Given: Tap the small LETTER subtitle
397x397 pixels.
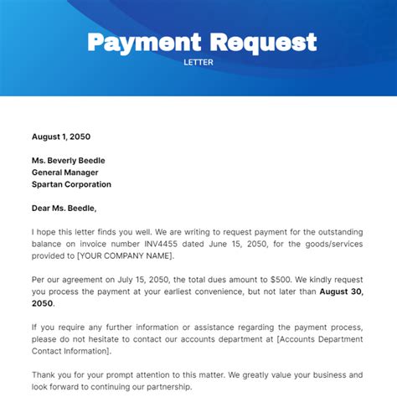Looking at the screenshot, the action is [198, 61].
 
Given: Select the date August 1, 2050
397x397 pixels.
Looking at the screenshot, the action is [61, 136].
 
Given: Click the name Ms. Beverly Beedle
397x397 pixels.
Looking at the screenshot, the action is [69, 160].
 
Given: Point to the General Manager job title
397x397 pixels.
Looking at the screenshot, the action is [70, 173].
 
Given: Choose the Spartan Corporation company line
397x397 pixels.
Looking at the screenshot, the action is [71, 184].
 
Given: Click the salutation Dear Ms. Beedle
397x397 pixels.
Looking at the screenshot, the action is [64, 208].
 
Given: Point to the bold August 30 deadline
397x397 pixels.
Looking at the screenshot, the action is [341, 291].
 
